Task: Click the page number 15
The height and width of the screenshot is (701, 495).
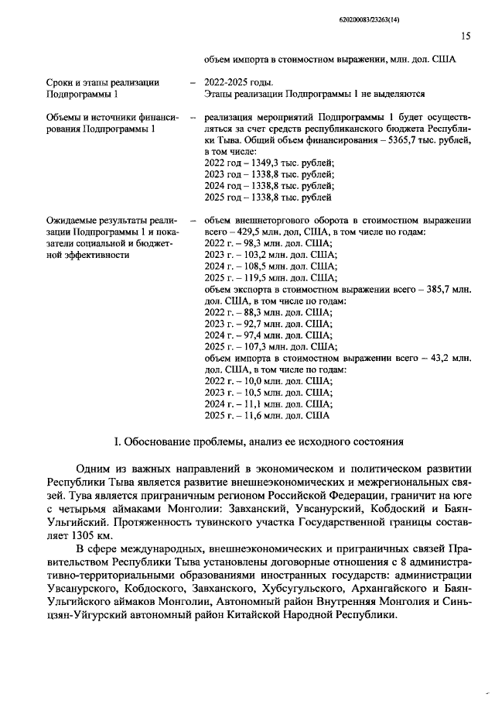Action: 466,36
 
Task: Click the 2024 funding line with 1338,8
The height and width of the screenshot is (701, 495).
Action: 268,186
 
